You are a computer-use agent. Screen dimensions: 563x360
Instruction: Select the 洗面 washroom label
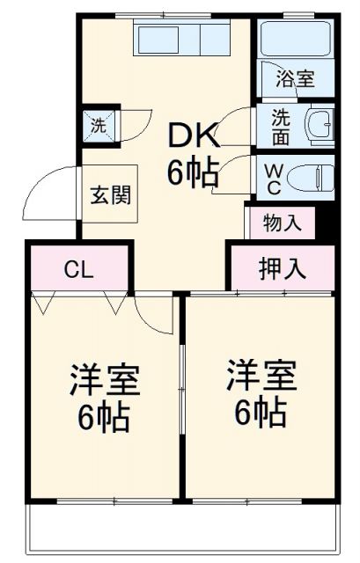click(280, 125)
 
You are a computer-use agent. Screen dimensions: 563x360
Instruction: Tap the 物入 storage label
click(282, 223)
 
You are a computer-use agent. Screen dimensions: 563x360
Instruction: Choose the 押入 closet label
click(283, 267)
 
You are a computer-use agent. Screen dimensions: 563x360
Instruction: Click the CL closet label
click(77, 268)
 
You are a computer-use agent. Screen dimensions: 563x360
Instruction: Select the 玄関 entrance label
click(108, 194)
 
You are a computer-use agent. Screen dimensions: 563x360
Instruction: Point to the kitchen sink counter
click(180, 39)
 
